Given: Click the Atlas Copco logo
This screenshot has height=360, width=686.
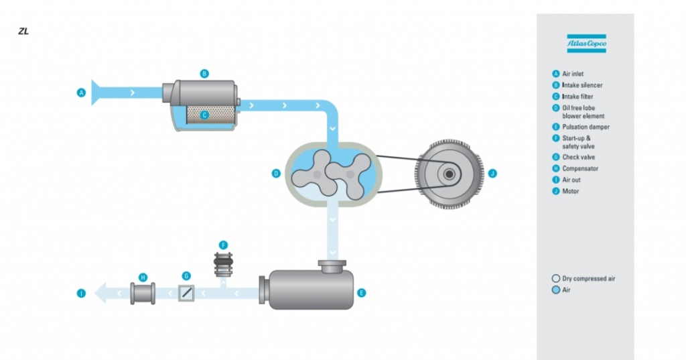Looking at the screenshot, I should (x=586, y=44).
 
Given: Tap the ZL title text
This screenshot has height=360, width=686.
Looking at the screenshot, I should (x=23, y=32).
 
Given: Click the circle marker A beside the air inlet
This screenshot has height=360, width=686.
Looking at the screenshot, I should (x=82, y=93).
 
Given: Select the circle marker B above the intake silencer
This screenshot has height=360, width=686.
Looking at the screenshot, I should (x=204, y=73).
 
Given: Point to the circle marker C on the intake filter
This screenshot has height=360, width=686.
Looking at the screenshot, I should (x=205, y=115).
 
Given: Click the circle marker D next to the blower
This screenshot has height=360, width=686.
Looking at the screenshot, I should (x=275, y=174).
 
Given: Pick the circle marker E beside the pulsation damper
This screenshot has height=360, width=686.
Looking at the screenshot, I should (x=361, y=293).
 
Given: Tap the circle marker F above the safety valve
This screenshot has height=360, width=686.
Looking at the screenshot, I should (x=224, y=245).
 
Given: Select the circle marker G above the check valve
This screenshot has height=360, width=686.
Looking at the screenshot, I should (x=186, y=276).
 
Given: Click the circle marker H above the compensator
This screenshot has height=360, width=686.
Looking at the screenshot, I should (x=143, y=276).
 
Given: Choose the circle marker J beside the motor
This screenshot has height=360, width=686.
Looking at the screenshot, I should (x=492, y=174).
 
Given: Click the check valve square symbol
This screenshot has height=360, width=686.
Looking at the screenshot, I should (x=186, y=293).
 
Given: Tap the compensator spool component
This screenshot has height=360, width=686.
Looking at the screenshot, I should (x=143, y=293).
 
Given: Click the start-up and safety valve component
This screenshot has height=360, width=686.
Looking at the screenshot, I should (x=224, y=265).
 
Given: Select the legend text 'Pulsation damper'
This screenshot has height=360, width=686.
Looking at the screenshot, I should (x=586, y=127).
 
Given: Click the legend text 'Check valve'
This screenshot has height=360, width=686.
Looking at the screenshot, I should (x=579, y=157).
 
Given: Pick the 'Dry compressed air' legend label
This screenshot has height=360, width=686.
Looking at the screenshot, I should (x=588, y=278).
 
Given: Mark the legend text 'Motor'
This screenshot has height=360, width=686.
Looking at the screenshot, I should (x=571, y=191).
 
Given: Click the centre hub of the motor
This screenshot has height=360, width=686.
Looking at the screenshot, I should (x=448, y=174).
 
